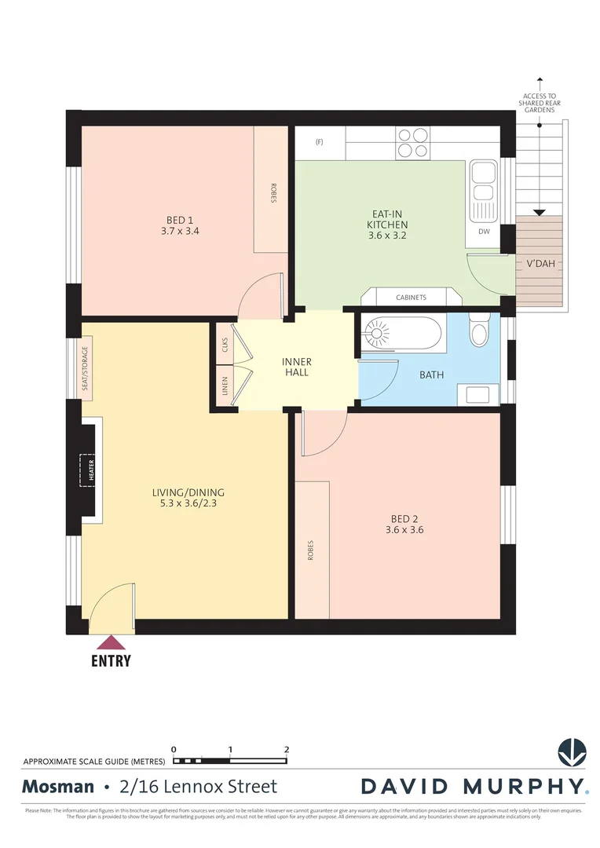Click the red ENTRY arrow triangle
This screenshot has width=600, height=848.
coord(111,643)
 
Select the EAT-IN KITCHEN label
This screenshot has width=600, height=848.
coord(388,219)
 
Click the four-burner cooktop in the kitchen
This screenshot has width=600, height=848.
coord(412,143)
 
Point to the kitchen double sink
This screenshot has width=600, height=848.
coord(481,192)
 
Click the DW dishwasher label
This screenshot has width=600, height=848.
coord(483,232)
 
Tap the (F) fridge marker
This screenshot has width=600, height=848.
coord(319,142)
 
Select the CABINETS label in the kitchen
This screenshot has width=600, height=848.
coord(411,298)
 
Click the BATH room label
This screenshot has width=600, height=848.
coord(431,375)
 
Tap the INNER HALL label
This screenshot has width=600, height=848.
coord(297,367)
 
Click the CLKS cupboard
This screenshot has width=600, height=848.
coord(225,344)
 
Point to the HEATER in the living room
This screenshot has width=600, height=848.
coord(90,469)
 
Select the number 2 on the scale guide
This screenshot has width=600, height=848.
coord(287,749)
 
